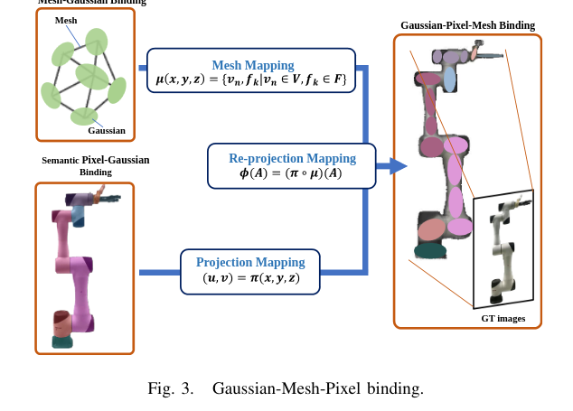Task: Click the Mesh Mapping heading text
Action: point(252,65)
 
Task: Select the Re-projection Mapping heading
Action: point(292,158)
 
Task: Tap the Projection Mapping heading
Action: point(250,262)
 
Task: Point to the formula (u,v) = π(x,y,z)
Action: point(250,279)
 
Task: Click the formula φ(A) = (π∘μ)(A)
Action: point(290,173)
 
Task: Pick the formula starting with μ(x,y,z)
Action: point(251,80)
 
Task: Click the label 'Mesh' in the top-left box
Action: point(66,20)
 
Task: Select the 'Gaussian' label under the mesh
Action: point(106,130)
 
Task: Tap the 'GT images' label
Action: point(503,318)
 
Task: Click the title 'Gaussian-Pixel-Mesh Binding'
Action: point(467,25)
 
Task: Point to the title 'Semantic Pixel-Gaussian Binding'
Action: point(95,165)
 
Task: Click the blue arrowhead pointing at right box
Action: point(397,165)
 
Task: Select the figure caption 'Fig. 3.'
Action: point(171,389)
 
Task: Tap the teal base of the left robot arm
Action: point(62,341)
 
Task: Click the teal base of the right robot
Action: point(429,250)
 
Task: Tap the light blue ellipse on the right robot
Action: point(449,79)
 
